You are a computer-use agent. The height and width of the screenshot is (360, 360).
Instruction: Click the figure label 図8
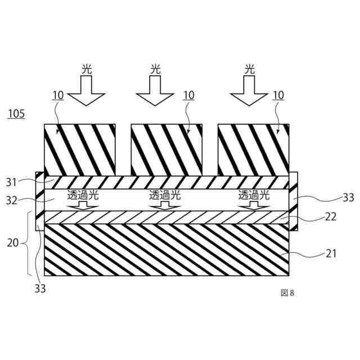(287, 292)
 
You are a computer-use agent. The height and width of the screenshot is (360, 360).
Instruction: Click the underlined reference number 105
(16, 114)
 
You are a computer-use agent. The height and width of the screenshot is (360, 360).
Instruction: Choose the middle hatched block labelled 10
(166, 149)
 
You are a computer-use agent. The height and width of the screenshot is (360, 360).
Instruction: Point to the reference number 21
(331, 254)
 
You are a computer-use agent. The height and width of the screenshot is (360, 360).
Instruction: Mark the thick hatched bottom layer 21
(166, 250)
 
